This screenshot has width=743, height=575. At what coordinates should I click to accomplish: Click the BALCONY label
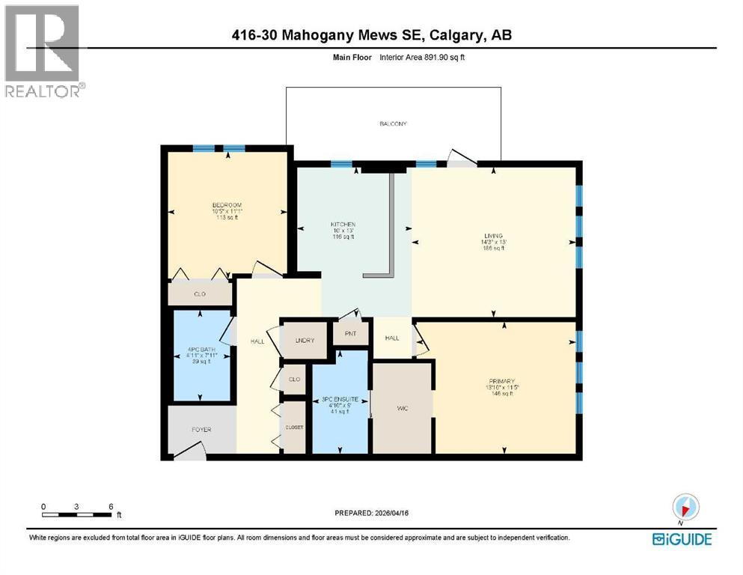click(x=393, y=124)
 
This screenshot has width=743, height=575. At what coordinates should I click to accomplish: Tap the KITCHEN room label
click(x=343, y=225)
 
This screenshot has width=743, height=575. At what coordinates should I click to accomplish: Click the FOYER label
click(x=201, y=430)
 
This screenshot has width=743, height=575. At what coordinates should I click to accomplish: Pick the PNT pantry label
click(x=350, y=334)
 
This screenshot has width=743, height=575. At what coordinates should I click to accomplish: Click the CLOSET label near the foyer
click(x=294, y=428)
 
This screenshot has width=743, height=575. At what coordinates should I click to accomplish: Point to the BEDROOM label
click(x=226, y=205)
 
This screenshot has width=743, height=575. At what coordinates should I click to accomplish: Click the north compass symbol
click(x=685, y=507)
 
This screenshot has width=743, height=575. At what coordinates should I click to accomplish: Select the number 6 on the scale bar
click(x=111, y=506)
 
